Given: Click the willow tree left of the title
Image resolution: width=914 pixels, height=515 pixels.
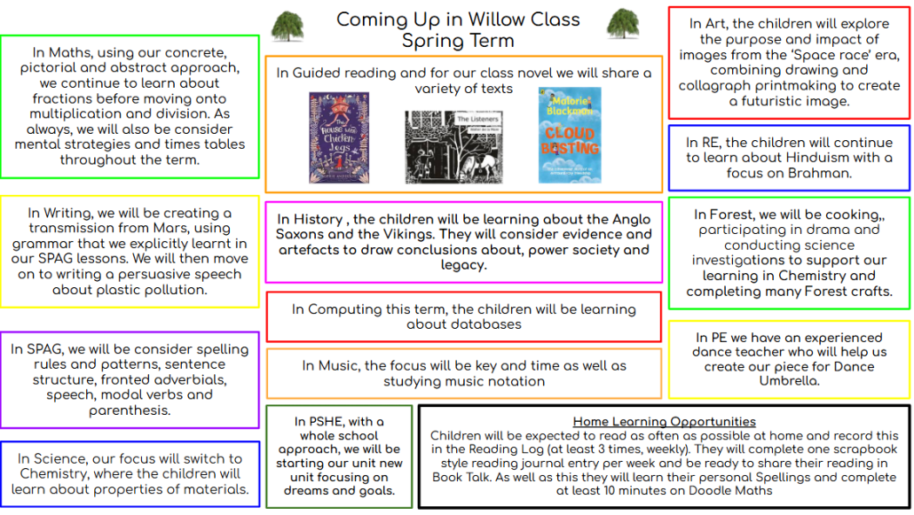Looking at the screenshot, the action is (288, 27).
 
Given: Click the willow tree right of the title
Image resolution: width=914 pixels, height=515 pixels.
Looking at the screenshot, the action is (623, 24).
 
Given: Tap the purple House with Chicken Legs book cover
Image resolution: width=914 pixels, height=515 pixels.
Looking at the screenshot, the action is (339, 137).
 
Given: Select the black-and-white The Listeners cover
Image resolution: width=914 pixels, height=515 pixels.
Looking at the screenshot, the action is (453, 147).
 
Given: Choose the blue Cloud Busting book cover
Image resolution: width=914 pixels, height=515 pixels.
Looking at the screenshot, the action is (570, 135).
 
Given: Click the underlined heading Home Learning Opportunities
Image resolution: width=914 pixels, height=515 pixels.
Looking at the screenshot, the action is (664, 421).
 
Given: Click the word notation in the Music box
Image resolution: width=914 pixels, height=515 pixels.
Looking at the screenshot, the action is (516, 381).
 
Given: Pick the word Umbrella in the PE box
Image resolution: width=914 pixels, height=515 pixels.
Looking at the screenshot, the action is (789, 380).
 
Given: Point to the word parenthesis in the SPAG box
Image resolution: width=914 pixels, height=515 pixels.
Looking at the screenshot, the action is (130, 410).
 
